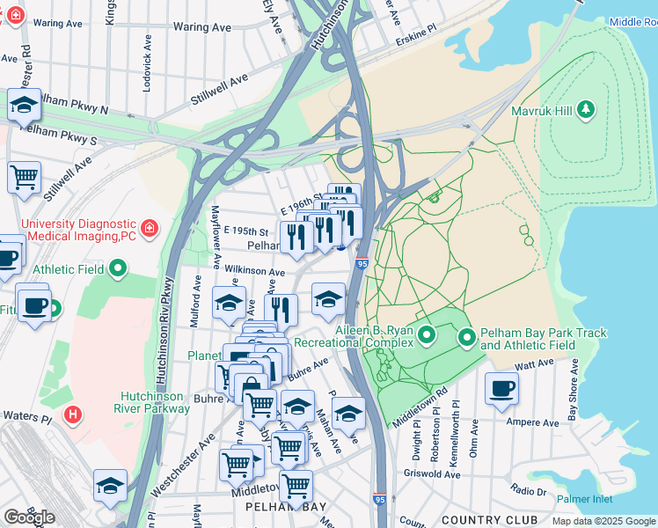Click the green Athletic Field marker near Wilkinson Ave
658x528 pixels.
[x=119, y=268]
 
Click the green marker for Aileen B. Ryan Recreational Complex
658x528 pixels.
[x=427, y=334]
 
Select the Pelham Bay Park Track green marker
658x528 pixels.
[x=466, y=336]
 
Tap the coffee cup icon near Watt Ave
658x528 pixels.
[x=502, y=388]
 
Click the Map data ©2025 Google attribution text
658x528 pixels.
[x=603, y=521]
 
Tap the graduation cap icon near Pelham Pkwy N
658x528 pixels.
[x=23, y=105]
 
